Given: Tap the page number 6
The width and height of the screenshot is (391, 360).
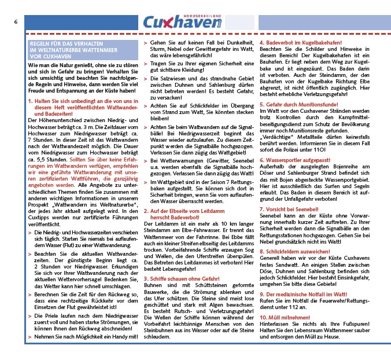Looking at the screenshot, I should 16,22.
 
